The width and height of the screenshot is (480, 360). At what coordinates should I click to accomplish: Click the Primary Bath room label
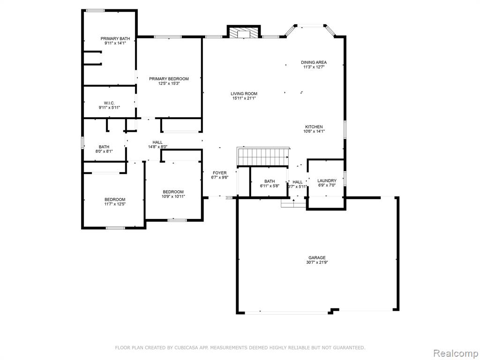tap(115, 38)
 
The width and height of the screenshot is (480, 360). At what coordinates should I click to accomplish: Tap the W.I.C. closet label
tap(109, 103)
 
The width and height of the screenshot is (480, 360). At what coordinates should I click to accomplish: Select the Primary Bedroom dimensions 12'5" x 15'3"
tap(169, 83)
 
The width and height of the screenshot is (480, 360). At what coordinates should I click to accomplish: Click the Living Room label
tap(244, 94)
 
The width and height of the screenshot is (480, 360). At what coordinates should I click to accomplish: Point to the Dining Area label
tap(314, 62)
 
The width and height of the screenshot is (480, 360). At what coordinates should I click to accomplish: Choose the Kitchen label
tap(314, 127)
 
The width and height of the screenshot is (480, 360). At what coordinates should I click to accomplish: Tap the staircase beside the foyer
tap(263, 156)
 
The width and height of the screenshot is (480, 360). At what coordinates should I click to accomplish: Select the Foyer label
tap(220, 173)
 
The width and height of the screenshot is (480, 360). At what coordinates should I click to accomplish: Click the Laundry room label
tap(327, 180)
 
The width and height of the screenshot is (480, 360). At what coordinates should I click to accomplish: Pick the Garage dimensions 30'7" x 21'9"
tap(317, 262)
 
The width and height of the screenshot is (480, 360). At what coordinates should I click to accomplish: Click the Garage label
tap(317, 258)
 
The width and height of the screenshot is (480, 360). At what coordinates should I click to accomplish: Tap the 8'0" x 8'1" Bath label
tap(104, 147)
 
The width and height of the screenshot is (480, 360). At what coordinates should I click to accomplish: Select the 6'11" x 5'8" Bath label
tap(270, 181)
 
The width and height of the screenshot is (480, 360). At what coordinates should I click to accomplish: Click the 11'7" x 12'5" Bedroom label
tap(115, 200)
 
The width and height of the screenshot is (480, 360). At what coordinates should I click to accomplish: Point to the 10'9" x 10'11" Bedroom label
tap(173, 192)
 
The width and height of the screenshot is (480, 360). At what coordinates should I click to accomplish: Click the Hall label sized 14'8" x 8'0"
tap(157, 142)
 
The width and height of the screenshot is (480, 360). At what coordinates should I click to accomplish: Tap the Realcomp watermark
tap(455, 353)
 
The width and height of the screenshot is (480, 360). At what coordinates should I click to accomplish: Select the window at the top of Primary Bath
tap(95, 11)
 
